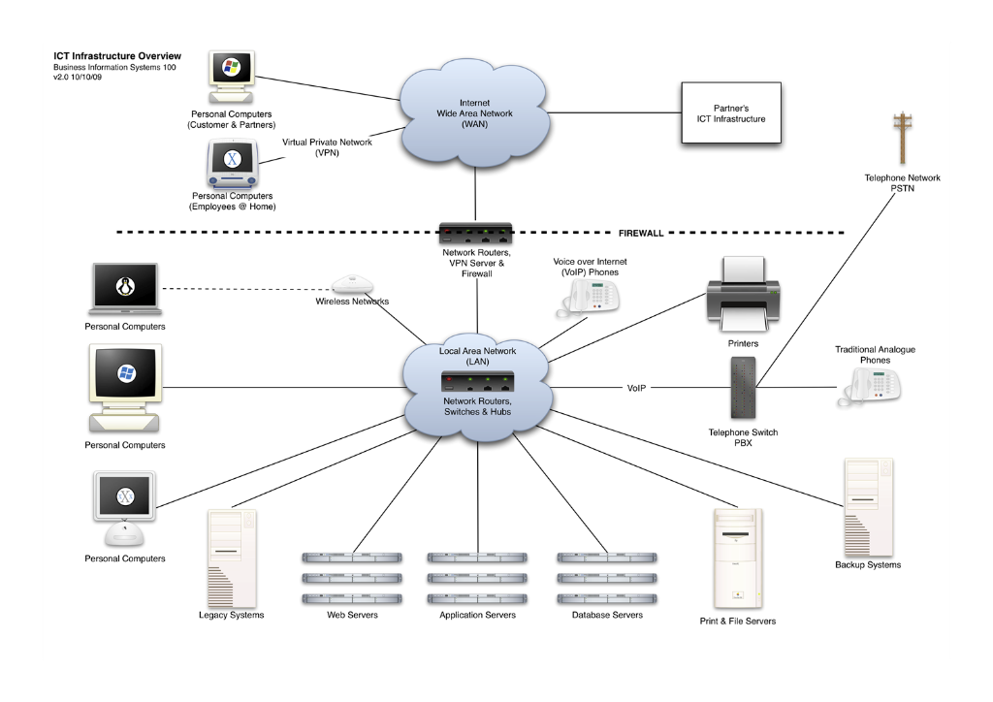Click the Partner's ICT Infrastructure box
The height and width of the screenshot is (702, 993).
pos(731,113)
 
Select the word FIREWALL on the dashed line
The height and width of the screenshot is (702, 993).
pos(641,234)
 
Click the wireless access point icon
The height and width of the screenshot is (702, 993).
pos(352,284)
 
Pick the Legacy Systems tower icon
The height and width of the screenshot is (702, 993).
pos(232,558)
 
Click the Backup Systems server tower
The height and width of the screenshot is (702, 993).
pos(867,505)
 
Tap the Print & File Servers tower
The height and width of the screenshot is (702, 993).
pos(737,558)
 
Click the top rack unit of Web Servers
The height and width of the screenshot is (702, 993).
pos(352,558)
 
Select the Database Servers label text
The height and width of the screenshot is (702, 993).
pos(607,615)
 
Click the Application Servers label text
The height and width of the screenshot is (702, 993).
pos(477,615)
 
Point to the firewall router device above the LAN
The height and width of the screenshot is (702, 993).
pos(475,234)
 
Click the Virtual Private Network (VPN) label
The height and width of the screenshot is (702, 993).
pos(327,147)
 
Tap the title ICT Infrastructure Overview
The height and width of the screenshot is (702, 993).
pos(116,57)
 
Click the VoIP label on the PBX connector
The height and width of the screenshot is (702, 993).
pos(636,388)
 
